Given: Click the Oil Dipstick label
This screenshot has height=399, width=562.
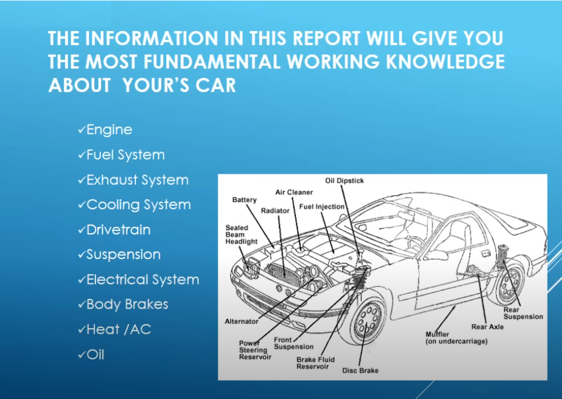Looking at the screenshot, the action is (x=344, y=181).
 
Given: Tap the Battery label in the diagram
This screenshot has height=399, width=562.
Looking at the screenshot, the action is (x=245, y=200).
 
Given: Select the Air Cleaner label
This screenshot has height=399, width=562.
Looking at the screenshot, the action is (x=294, y=192).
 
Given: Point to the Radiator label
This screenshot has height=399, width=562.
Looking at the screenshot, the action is (x=275, y=211).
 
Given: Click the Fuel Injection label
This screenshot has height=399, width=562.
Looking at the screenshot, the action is (x=321, y=207).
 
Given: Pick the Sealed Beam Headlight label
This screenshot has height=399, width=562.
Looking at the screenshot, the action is (x=241, y=235).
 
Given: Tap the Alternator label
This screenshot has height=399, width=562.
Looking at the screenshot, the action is (x=242, y=322).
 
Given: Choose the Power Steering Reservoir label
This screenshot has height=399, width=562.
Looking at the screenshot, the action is (x=255, y=350).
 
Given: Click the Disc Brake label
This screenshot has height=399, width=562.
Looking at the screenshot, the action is (x=360, y=371).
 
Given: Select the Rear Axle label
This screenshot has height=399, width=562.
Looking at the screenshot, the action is (x=488, y=327).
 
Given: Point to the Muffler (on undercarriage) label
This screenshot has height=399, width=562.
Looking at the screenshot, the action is (x=457, y=338).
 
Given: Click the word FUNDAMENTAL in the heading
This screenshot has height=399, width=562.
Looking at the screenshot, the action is (x=211, y=62).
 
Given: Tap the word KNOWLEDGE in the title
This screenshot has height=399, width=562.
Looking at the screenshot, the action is (x=445, y=62).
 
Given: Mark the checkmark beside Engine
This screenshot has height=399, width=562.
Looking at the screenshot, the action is (x=81, y=130).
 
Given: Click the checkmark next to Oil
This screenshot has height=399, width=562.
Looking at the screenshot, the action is (x=81, y=355).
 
